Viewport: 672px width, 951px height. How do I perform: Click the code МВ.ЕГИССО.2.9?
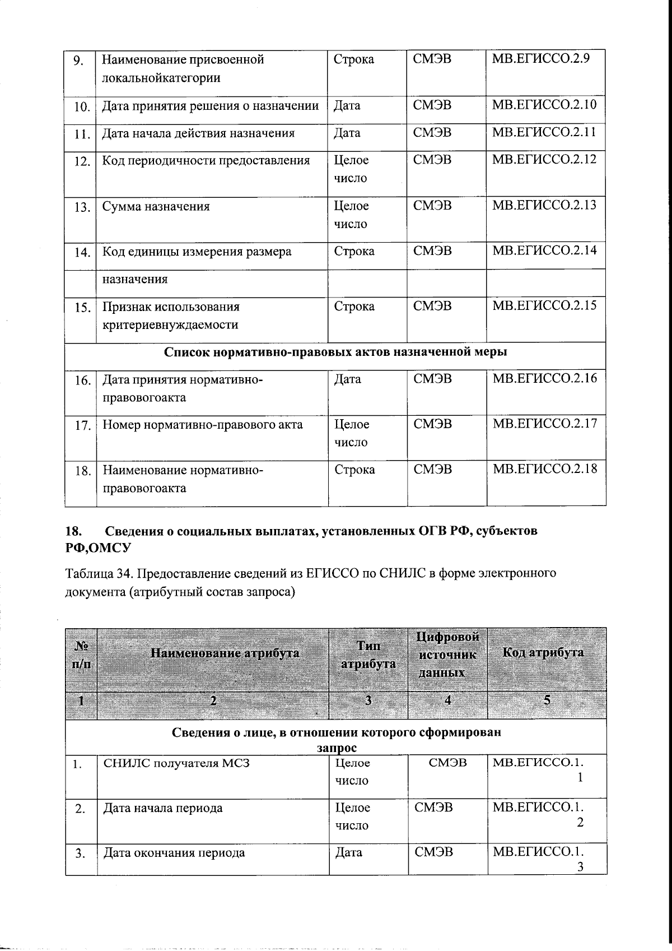click(540, 59)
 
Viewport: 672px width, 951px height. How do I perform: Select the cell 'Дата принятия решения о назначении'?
click(210, 106)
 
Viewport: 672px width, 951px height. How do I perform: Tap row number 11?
click(82, 134)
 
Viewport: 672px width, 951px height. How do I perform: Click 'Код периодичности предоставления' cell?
click(206, 161)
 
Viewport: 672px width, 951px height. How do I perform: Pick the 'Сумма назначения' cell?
click(156, 206)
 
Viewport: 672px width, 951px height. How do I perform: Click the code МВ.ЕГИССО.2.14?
click(544, 250)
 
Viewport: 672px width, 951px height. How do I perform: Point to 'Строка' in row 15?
click(354, 307)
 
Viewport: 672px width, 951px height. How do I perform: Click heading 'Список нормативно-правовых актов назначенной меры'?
click(335, 352)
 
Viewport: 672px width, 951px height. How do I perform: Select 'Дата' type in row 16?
click(347, 379)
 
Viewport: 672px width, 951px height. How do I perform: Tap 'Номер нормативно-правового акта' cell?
click(203, 425)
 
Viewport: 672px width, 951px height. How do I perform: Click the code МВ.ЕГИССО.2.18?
click(544, 468)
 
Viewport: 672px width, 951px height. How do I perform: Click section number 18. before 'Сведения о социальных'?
click(74, 531)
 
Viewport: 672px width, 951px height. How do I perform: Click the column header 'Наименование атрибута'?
click(225, 653)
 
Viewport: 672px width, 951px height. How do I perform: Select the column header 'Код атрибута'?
click(543, 652)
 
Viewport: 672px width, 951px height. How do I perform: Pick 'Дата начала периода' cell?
click(163, 808)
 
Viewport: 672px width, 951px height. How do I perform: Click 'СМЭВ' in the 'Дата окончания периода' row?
click(434, 852)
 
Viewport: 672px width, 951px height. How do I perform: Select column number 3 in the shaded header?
click(368, 700)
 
